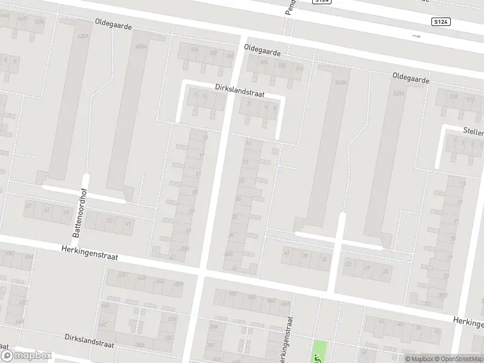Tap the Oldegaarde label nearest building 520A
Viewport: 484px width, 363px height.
[x=411, y=79]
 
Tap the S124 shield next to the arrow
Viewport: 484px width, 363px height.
[x=441, y=22]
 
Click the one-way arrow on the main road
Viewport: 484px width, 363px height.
[x=416, y=36]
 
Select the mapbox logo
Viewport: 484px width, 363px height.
[x=26, y=356]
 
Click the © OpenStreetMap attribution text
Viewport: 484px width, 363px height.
[x=459, y=359]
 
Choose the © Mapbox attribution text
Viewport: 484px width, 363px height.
[x=419, y=359]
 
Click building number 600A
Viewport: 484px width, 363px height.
[x=142, y=47]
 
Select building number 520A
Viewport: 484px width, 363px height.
[x=398, y=94]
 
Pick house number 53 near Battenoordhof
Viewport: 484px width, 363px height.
[x=109, y=221]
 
